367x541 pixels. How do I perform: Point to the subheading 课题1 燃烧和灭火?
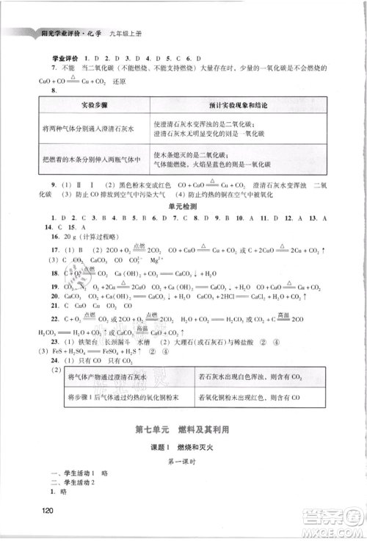[183, 447]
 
